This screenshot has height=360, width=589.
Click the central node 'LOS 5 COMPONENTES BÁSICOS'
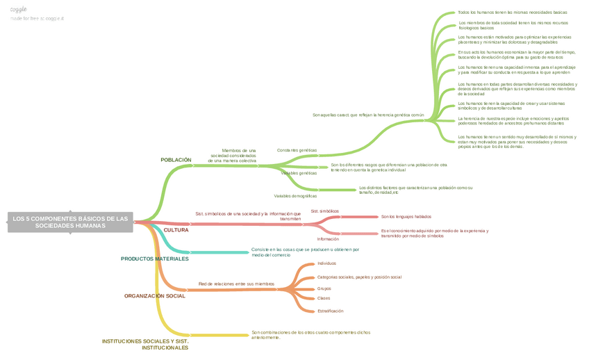pos(70,222)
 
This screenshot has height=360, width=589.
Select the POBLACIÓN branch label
pos(176,160)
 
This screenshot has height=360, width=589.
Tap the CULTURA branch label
pos(176,230)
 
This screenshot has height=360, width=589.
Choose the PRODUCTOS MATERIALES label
pos(154,259)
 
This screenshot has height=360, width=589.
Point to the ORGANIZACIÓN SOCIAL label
pos(154,296)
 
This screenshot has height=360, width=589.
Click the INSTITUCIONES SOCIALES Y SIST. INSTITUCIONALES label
pos(145,344)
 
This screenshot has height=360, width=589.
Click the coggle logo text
pos(19,9)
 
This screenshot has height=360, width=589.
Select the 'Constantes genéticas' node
pos(297,150)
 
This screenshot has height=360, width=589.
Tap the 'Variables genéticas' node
pos(299,173)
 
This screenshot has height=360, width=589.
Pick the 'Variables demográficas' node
pos(295,196)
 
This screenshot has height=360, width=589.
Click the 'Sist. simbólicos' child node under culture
pos(324,211)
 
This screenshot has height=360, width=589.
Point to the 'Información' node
pos(328,239)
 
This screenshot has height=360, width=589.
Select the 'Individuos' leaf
pos(326,263)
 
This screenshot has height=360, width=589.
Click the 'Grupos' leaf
pos(324,288)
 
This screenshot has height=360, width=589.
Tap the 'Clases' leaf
pos(323,298)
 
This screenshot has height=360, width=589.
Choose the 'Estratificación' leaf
pos(330,311)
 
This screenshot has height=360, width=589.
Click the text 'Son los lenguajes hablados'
pos(406,217)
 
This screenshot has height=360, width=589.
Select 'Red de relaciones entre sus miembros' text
pos(236,284)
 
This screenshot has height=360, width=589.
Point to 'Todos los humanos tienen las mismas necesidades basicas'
pos(512,13)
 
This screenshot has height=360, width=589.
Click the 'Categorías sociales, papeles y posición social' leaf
pos(359,277)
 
